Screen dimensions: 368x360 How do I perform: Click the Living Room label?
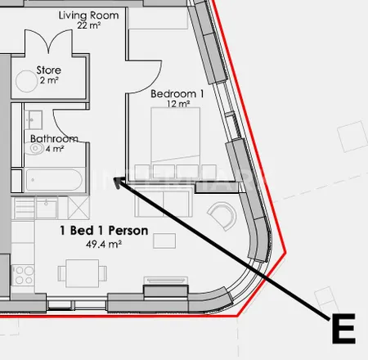88,16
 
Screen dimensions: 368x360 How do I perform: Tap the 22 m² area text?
88,25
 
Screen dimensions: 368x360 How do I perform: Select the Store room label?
49,70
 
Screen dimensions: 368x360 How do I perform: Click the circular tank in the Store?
26,81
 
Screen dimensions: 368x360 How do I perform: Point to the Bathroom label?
54,138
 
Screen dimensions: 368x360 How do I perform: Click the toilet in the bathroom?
34,149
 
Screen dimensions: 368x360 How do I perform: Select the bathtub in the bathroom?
53,180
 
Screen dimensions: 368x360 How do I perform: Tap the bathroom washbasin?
33,119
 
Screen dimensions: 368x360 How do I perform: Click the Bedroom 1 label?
177,94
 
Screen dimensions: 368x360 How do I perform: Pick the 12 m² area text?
178,104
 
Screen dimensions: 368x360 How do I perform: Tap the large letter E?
343,329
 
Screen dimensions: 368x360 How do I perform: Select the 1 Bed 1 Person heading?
104,231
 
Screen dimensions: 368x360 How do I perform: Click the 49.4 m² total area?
104,244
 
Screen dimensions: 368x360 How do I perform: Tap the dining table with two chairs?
83,273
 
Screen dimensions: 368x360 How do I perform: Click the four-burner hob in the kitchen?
23,275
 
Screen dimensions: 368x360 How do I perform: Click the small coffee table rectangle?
164,241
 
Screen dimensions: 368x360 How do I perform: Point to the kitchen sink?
47,208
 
